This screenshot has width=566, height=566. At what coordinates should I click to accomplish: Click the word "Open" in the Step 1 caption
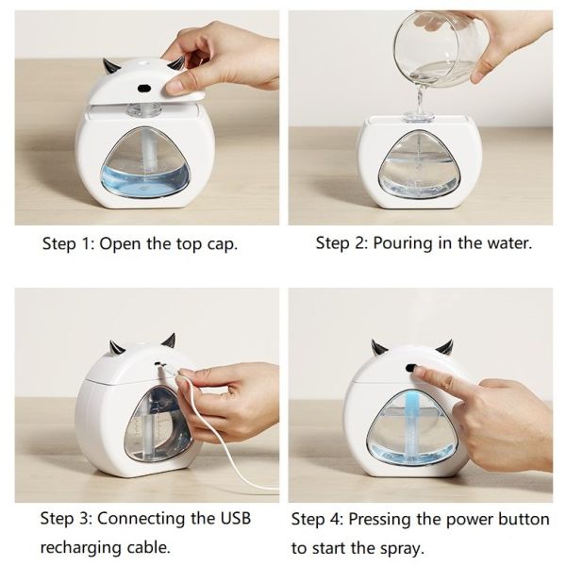120,243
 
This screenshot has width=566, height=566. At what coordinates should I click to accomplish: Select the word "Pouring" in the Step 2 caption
403,243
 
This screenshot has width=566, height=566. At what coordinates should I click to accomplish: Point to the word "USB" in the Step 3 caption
235,519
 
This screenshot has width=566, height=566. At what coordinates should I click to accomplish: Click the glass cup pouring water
438,48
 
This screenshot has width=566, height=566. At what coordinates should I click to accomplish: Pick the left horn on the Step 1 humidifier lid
109,66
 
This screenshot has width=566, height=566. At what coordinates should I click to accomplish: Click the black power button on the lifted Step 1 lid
144,88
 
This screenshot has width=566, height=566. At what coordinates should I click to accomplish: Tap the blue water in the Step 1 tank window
144,181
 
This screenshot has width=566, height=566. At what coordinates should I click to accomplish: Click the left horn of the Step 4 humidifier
378,347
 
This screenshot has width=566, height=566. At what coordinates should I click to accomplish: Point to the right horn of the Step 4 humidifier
444,347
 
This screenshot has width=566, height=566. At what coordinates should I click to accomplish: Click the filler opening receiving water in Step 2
418,116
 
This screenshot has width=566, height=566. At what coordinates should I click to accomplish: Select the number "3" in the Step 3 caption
84,519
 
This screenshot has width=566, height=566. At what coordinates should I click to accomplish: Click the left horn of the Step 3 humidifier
117,347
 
